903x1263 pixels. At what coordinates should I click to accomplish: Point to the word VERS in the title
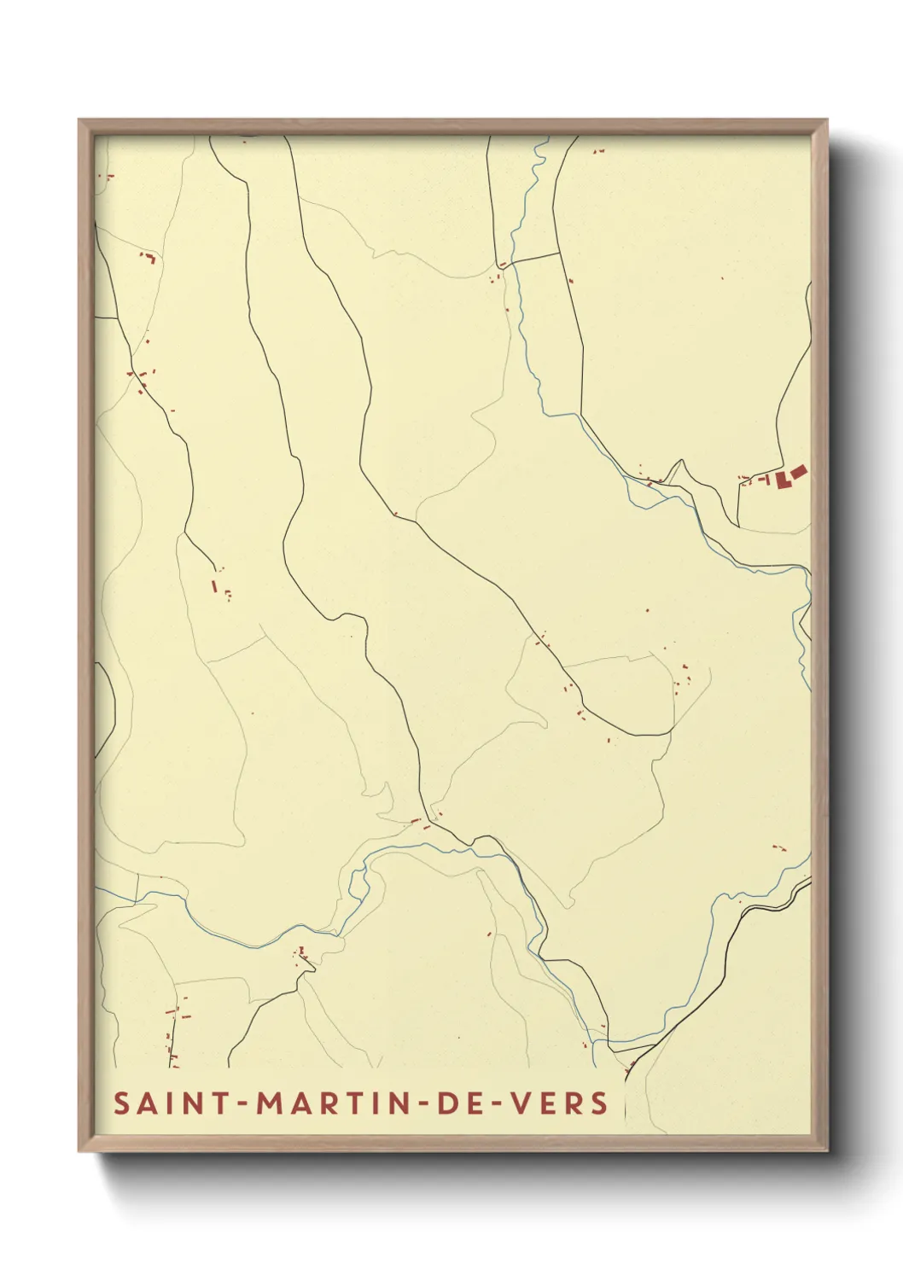(560, 1103)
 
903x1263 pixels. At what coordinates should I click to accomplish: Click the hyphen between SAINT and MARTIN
(243, 1103)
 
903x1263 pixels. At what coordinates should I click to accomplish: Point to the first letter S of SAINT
(122, 1103)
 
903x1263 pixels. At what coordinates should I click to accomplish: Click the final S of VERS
(599, 1103)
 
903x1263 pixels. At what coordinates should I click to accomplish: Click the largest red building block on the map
(783, 480)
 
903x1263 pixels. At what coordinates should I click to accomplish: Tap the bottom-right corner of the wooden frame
(825, 1150)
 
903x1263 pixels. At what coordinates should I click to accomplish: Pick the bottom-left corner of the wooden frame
(80, 1150)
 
